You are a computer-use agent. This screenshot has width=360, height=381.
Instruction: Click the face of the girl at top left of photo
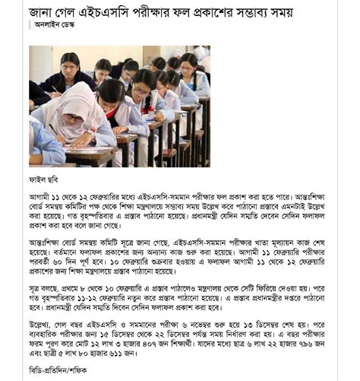pyautogui.click(x=69, y=63)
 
